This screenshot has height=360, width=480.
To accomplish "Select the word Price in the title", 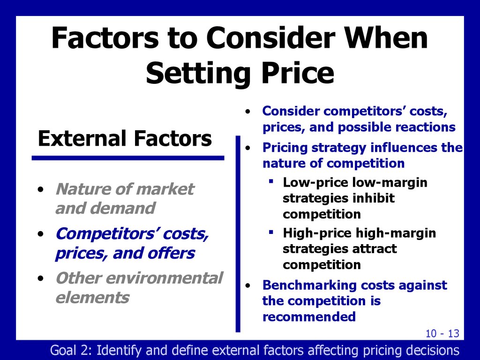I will pyautogui.click(x=294, y=74).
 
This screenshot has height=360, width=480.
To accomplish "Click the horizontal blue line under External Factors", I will pyautogui.click(x=127, y=158).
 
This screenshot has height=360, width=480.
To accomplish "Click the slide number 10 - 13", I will pyautogui.click(x=442, y=333).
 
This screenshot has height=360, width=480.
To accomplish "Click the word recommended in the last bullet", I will pyautogui.click(x=309, y=317).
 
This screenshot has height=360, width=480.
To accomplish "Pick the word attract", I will pyautogui.click(x=373, y=248).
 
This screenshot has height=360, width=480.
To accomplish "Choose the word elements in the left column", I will pyautogui.click(x=92, y=297).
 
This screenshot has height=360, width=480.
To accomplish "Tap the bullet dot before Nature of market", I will pyautogui.click(x=42, y=190).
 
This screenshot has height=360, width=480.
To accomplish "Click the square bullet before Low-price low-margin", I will pyautogui.click(x=271, y=181).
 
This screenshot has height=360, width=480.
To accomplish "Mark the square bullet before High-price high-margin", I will pyautogui.click(x=271, y=232).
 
